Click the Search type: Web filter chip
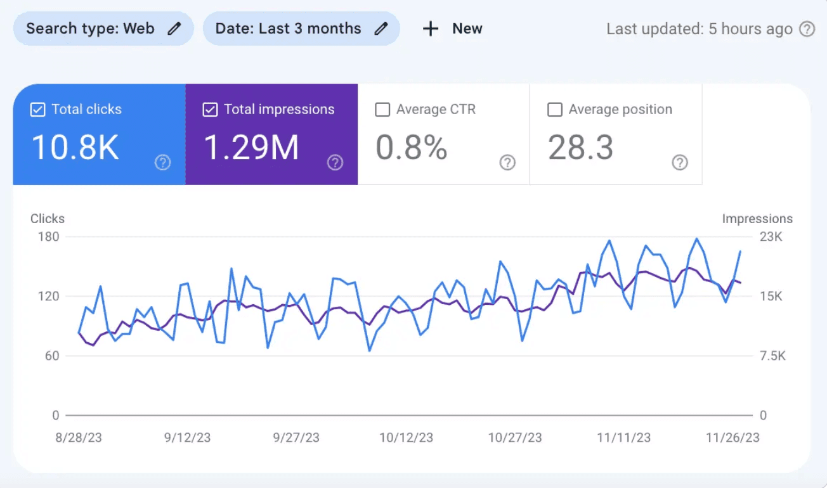(x=103, y=29)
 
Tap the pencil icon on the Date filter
(x=381, y=29)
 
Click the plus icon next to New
(x=431, y=29)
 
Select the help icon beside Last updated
(x=807, y=29)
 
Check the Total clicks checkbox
(x=38, y=110)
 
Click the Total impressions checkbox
(x=210, y=110)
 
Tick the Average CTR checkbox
(x=382, y=110)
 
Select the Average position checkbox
(x=555, y=110)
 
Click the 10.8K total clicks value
(x=75, y=147)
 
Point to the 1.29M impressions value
(x=251, y=147)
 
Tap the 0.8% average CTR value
(x=411, y=147)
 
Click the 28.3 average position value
(x=580, y=147)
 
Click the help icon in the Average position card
(x=679, y=163)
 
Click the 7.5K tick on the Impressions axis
(x=772, y=356)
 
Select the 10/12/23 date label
(x=406, y=438)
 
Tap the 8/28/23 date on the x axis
(x=79, y=438)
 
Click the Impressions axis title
(x=757, y=219)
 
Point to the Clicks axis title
(x=48, y=219)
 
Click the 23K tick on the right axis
(x=771, y=237)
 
